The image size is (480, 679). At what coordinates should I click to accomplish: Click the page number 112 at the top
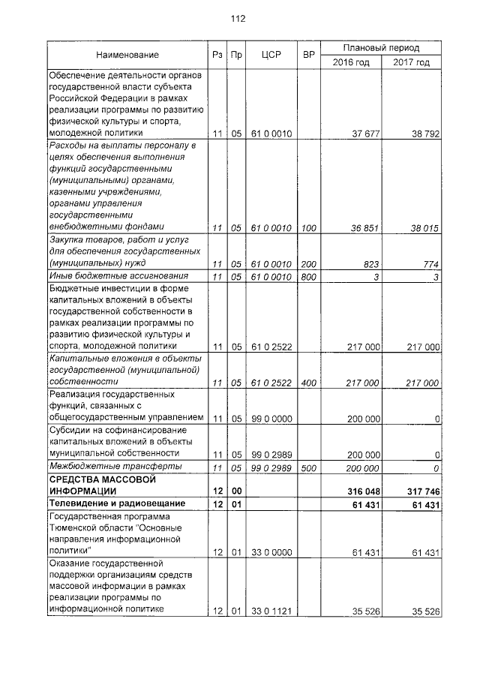(238, 19)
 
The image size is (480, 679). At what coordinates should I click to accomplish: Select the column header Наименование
(127, 55)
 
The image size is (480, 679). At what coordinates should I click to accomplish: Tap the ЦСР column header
(271, 55)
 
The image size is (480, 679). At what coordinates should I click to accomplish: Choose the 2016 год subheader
(351, 62)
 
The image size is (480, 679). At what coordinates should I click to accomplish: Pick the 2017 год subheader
(411, 62)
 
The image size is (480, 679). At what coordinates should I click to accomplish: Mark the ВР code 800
(307, 278)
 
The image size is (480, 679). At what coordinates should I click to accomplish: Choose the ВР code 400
(307, 383)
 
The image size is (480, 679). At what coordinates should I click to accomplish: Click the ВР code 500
(307, 467)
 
